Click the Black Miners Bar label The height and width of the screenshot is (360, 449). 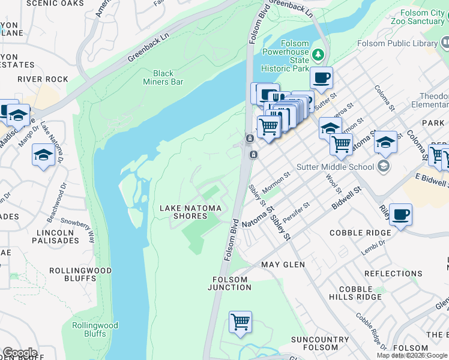[x=163, y=77]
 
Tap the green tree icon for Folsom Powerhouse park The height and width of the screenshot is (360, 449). [x=319, y=55]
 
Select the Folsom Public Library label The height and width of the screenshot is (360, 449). [x=397, y=43]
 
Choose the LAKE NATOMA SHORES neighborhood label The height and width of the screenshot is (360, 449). [x=190, y=212]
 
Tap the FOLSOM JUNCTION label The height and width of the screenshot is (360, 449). [x=229, y=283]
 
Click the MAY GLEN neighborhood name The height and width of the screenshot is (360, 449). [x=280, y=264]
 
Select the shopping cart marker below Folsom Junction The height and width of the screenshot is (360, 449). [x=241, y=322]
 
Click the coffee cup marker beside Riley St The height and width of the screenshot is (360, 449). [x=400, y=214]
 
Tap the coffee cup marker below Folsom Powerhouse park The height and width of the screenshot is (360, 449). [x=322, y=77]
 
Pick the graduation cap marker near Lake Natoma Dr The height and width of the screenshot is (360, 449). [x=43, y=155]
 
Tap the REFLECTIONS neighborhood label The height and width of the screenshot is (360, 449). [x=393, y=274]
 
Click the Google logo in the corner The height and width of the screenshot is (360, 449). [x=20, y=353]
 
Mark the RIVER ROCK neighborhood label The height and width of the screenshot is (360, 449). [x=43, y=79]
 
